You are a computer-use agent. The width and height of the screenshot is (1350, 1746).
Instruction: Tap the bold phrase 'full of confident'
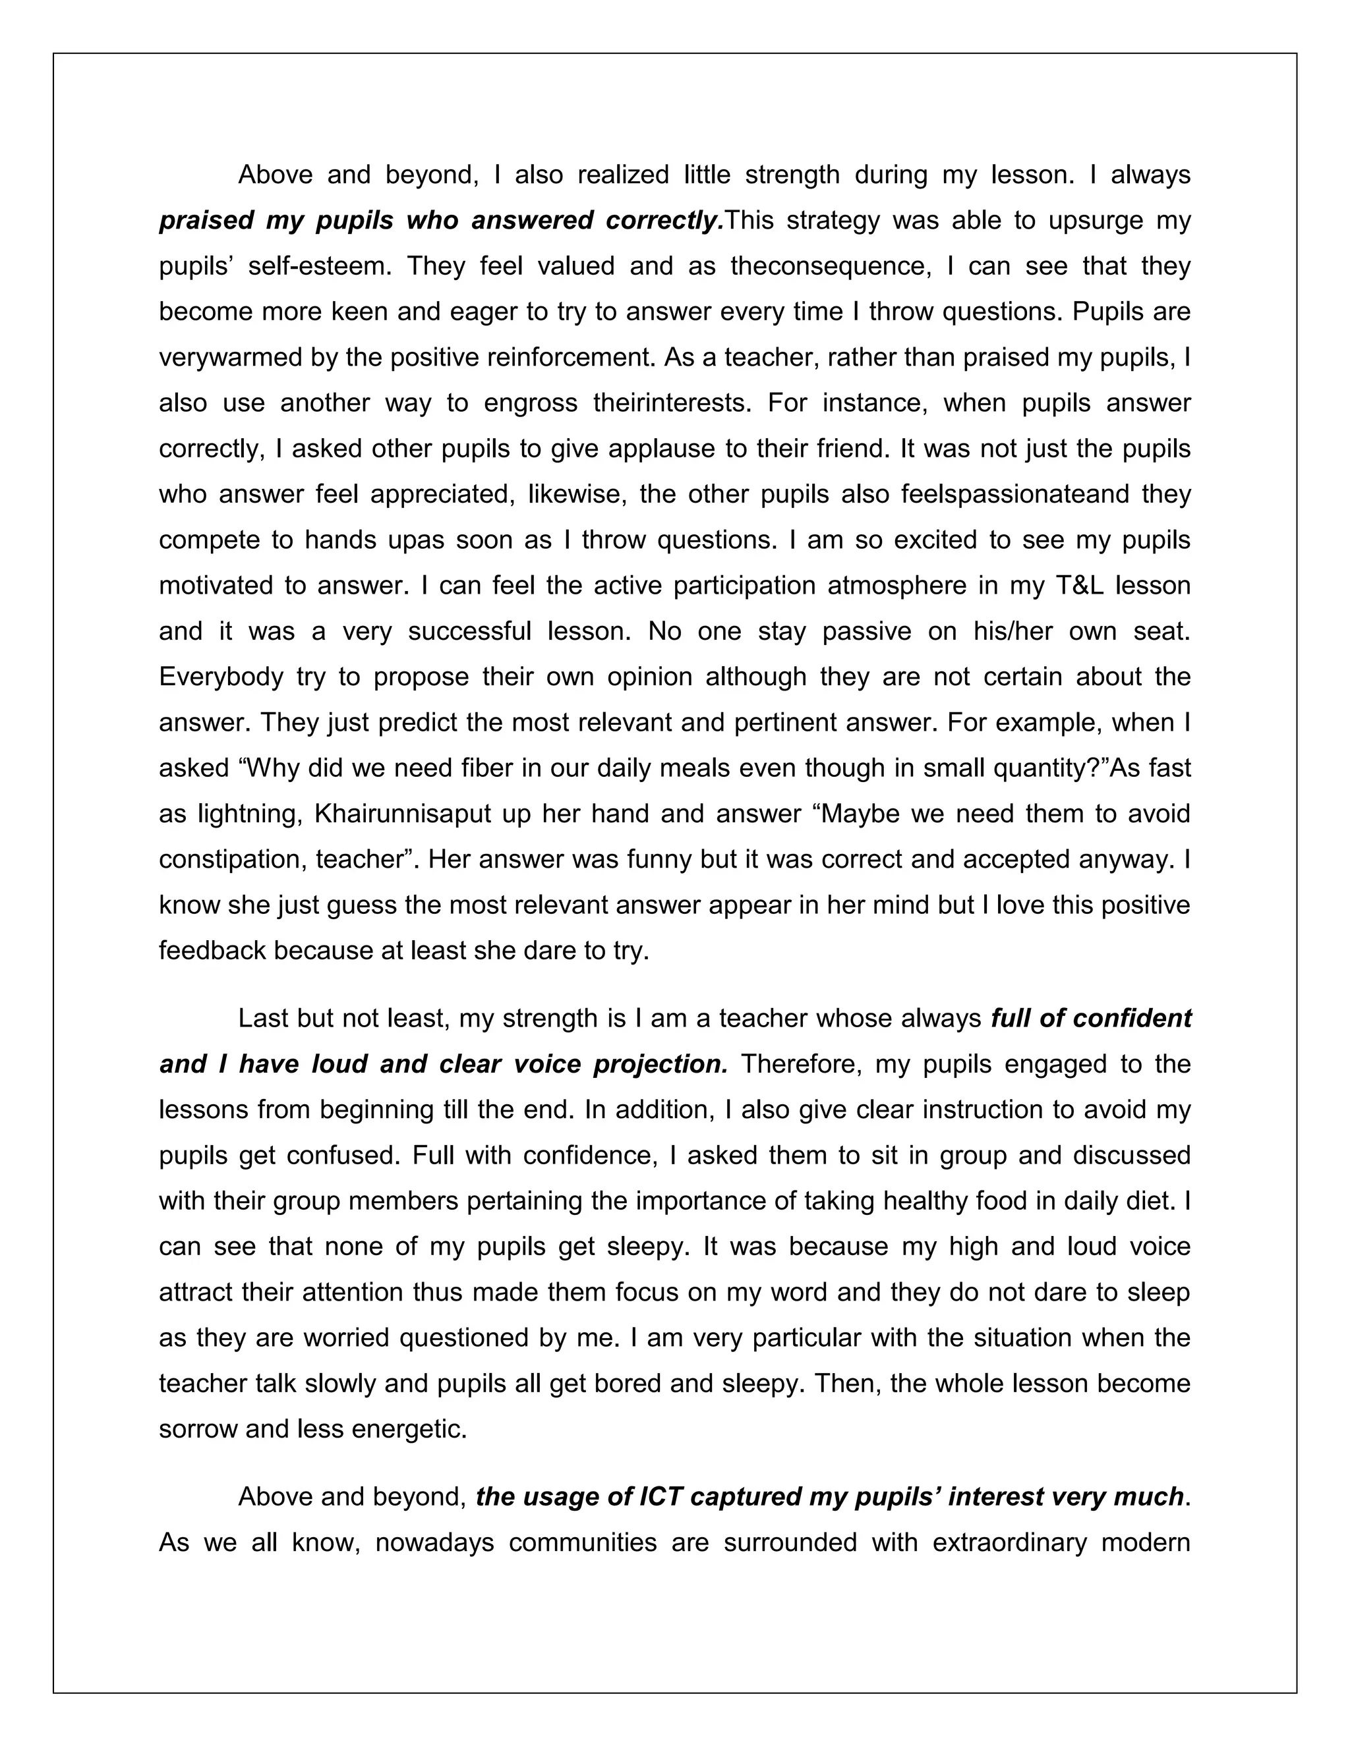coord(1091,1019)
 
